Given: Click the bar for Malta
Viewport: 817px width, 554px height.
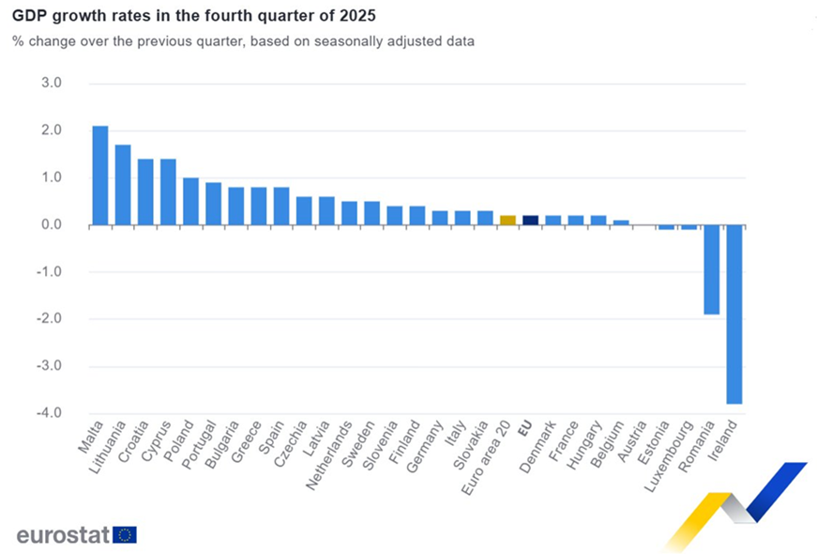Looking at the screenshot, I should (x=100, y=176).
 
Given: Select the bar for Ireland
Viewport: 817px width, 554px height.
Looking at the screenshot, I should (x=734, y=314).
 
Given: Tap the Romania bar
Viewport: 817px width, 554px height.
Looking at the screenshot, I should (x=711, y=269).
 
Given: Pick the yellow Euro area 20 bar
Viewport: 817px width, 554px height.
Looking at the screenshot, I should (x=507, y=221).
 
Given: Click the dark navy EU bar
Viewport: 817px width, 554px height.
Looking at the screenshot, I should (x=530, y=221).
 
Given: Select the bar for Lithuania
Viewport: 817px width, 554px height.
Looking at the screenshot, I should (x=123, y=185).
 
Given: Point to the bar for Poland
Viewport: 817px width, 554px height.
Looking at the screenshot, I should (x=190, y=201).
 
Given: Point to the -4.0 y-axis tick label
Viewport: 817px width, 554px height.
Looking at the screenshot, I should (x=50, y=413).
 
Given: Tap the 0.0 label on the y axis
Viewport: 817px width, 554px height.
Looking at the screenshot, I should (x=52, y=225).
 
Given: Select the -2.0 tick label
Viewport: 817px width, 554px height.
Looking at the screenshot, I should (x=50, y=319).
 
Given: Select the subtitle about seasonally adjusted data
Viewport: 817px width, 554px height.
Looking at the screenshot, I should (x=243, y=41).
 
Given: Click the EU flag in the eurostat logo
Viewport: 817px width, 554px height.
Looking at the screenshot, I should (x=125, y=534).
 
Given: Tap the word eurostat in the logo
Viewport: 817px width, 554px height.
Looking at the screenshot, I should (x=63, y=534).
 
